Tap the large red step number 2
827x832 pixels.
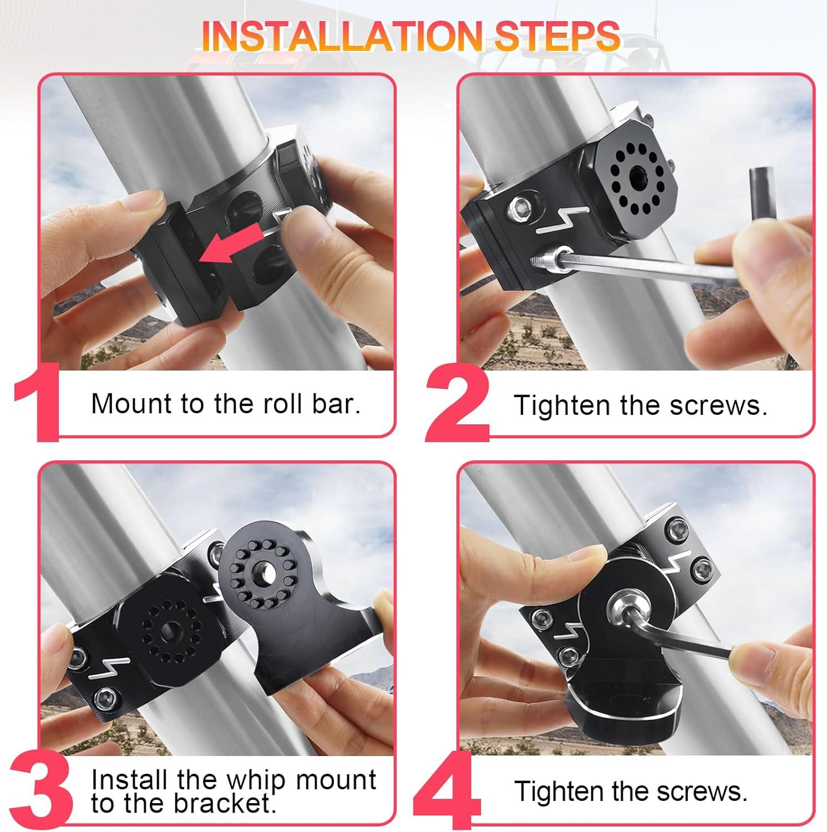458,404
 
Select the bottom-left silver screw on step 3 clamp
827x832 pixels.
103,695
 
